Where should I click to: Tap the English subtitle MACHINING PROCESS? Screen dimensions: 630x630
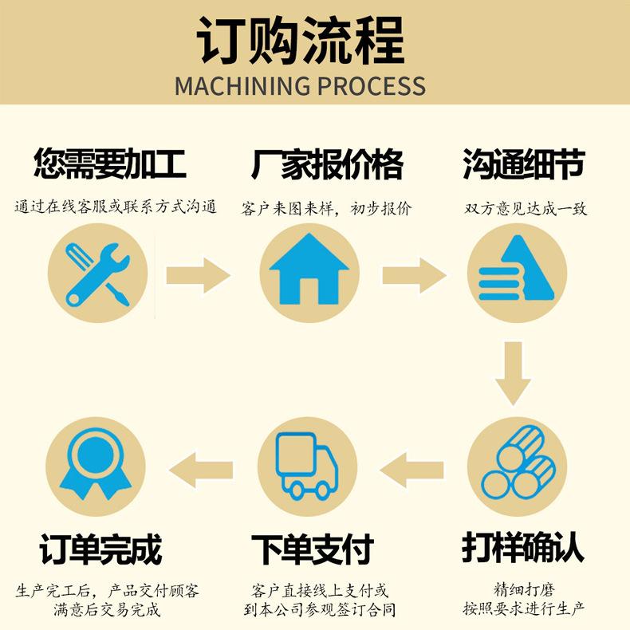coord(301,85)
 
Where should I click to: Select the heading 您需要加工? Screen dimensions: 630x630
coord(110,165)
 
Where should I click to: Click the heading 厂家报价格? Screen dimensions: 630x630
coord(327,165)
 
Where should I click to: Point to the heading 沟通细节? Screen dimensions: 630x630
coord(524,165)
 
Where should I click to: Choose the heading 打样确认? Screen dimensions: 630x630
coord(523,548)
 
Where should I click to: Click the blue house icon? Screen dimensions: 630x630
coord(309,271)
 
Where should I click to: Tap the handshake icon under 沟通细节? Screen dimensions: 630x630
coord(517,271)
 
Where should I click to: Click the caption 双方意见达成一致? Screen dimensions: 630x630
coord(526,209)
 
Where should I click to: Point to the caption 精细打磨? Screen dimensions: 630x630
coord(524,591)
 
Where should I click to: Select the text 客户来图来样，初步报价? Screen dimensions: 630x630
coord(327,209)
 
